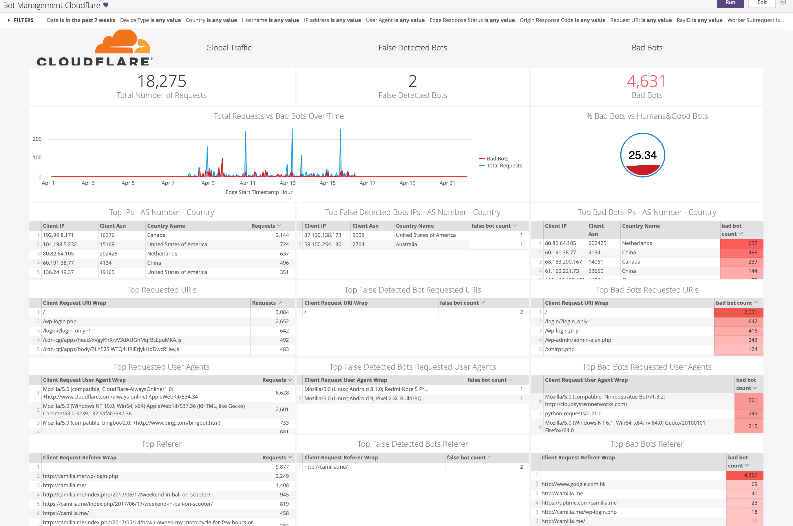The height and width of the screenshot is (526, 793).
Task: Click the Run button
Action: point(730,3)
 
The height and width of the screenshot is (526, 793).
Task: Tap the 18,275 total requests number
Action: point(162,81)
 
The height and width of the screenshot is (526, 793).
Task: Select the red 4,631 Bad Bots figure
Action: point(646,81)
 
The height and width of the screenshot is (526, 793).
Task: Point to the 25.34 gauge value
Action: point(642,155)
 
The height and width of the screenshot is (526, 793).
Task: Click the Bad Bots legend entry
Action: point(497,159)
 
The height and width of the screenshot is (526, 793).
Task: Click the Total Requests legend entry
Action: point(504,166)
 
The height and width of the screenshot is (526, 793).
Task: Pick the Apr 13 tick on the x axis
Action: point(288,183)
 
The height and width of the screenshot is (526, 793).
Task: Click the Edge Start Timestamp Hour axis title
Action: point(259,192)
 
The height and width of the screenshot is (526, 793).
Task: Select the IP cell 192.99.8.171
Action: point(58,235)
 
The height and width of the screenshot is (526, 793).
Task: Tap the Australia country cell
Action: point(406,244)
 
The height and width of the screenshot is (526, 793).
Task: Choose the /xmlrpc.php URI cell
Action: point(560,349)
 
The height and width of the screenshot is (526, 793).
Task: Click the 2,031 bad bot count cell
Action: point(739,312)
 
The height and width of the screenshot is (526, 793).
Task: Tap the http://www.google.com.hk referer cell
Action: point(573,484)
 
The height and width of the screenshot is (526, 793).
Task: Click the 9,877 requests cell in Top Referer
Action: point(282,467)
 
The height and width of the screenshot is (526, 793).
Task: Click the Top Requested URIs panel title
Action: point(161,290)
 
